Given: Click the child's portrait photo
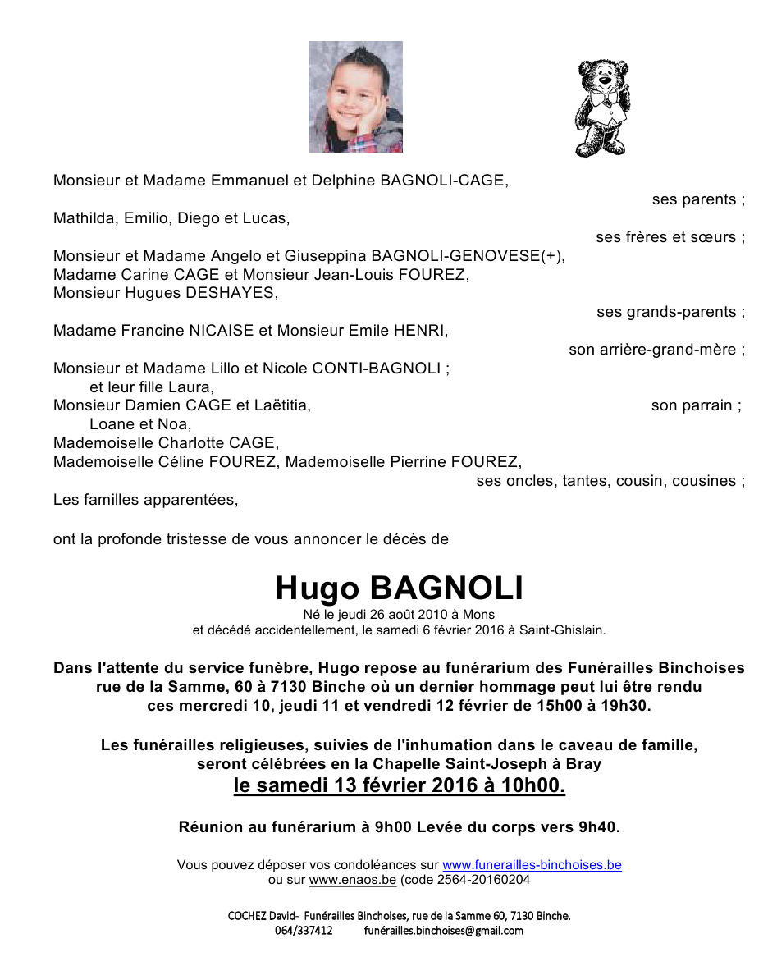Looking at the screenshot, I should click(355, 97).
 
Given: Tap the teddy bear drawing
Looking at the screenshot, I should click(603, 107).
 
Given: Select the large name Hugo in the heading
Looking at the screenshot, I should click(317, 588).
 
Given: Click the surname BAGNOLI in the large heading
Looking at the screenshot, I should click(446, 588).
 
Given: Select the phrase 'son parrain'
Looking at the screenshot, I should click(695, 405).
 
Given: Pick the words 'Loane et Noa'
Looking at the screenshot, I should click(139, 424).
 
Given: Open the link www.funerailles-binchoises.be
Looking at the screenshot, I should click(532, 865).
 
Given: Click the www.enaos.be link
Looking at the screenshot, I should click(353, 880).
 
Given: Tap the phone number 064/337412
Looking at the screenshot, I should click(304, 931).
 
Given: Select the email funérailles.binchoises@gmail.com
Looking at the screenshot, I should click(443, 931).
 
